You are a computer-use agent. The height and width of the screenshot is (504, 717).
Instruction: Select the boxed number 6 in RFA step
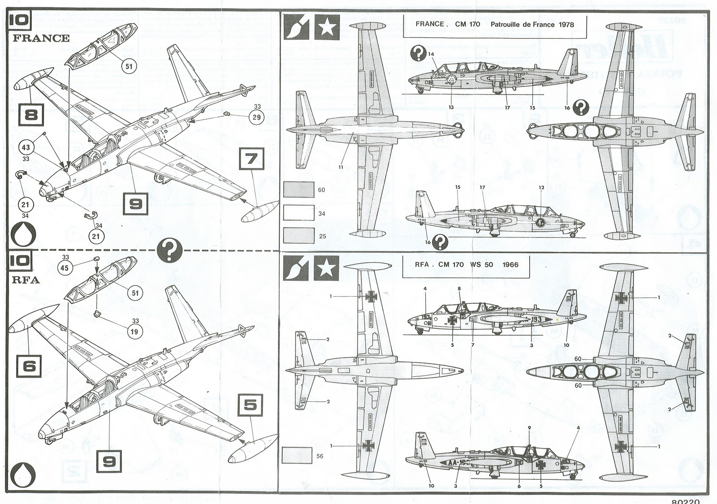pos(29,366)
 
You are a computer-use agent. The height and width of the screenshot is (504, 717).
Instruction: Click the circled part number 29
pos(257,117)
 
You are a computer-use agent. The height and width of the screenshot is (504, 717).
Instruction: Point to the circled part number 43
pos(26,147)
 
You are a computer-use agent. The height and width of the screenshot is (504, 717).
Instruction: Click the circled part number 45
pos(65,268)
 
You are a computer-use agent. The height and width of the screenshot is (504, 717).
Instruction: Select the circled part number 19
pos(134,332)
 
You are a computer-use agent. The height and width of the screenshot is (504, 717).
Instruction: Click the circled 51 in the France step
pos(129,66)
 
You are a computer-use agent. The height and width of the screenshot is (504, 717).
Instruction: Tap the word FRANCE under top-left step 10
pos(41,38)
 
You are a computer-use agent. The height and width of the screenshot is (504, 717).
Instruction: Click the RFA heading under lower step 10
pos(27,280)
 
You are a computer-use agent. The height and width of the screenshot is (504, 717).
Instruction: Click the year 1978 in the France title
pos(566,24)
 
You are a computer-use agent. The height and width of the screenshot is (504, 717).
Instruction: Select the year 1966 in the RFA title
pos(510,264)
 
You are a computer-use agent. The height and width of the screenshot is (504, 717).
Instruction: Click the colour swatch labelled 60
pos(299,190)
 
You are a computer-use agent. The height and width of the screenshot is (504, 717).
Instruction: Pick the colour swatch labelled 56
pos(298,456)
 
